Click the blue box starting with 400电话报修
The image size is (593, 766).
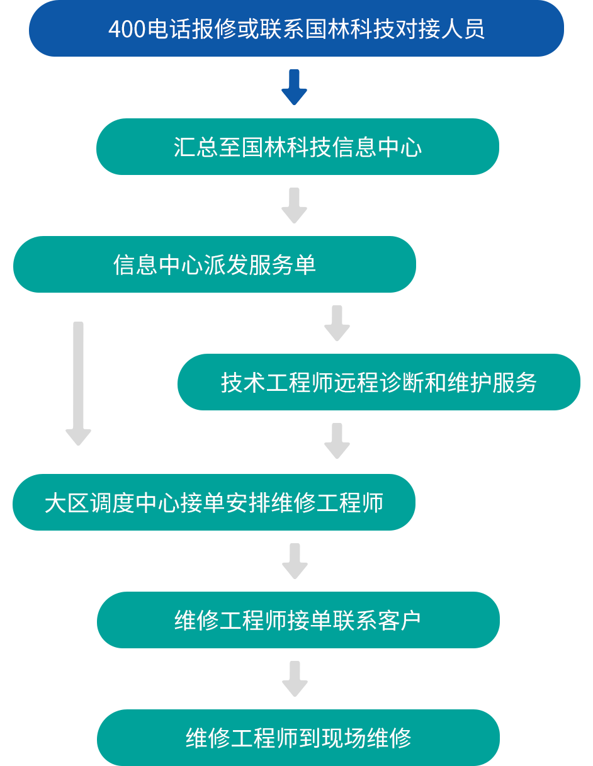[x=296, y=29]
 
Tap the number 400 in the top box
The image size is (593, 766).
[x=127, y=30]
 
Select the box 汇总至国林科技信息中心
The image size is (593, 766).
[x=297, y=146]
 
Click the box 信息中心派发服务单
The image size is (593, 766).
[x=215, y=264]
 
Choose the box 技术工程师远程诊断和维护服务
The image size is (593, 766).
[x=378, y=382]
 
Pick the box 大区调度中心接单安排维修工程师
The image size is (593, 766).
[x=214, y=502]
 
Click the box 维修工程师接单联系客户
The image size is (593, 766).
[x=298, y=620]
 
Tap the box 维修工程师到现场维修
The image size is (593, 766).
[x=298, y=738]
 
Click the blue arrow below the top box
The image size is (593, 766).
[x=295, y=87]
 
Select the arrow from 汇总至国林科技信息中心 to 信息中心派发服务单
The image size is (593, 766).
[x=295, y=205]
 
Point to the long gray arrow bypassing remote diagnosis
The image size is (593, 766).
[x=79, y=384]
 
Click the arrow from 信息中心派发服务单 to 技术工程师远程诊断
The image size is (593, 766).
[x=336, y=323]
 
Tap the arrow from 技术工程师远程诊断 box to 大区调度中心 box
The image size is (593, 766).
[x=336, y=441]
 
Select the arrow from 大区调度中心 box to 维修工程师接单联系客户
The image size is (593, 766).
[x=295, y=561]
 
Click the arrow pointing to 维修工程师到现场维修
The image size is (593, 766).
[x=295, y=679]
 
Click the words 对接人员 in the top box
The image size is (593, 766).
[x=440, y=30]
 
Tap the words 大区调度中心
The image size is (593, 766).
[x=101, y=503]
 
